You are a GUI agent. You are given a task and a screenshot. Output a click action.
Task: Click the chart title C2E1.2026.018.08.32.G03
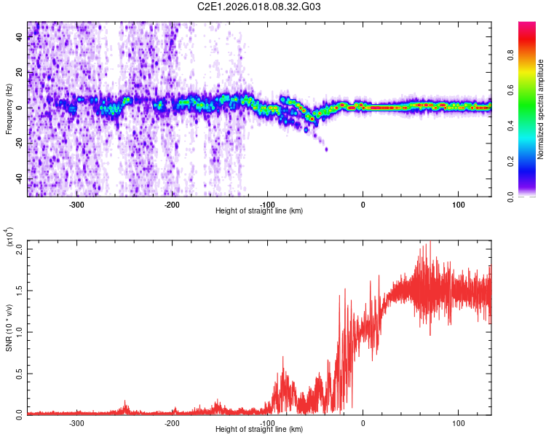pos(259,7)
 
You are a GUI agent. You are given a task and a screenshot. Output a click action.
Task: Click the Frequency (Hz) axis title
pos(9,109)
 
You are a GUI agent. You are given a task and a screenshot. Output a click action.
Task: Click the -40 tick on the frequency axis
pos(18,178)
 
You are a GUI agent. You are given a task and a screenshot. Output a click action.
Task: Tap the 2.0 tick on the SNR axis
pos(19,249)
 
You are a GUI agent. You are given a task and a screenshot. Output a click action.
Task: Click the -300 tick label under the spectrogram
pos(76,205)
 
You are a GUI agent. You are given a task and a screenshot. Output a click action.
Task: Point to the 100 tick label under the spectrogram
pos(458,205)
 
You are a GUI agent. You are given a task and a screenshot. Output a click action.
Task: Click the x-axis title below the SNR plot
pos(259,430)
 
